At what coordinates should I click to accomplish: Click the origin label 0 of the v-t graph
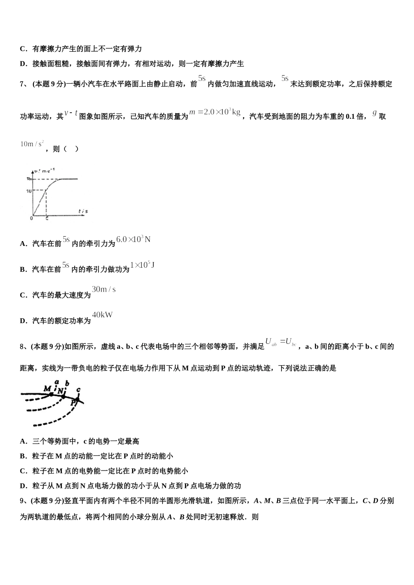[x=31, y=218]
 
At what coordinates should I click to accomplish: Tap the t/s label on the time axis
[x=83, y=211]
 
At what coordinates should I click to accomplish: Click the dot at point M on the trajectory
[x=51, y=394]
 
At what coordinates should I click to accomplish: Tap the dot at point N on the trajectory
[x=64, y=397]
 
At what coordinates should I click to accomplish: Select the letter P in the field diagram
[x=73, y=403]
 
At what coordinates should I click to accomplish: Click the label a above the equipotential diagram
[x=57, y=382]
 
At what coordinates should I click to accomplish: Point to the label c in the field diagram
[x=78, y=389]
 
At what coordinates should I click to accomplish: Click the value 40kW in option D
[x=102, y=315]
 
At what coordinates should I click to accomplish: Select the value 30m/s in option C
[x=104, y=289]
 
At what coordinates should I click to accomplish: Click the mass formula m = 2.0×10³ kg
[x=215, y=112]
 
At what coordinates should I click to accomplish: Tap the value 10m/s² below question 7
[x=32, y=144]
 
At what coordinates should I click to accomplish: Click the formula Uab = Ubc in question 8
[x=281, y=342]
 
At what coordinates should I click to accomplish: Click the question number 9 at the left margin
[x=22, y=501]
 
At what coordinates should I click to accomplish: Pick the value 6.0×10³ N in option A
[x=133, y=239]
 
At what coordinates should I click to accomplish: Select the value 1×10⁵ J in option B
[x=143, y=265]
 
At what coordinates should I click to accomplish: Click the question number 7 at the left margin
[x=22, y=84]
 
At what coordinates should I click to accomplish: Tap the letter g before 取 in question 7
[x=374, y=113]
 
